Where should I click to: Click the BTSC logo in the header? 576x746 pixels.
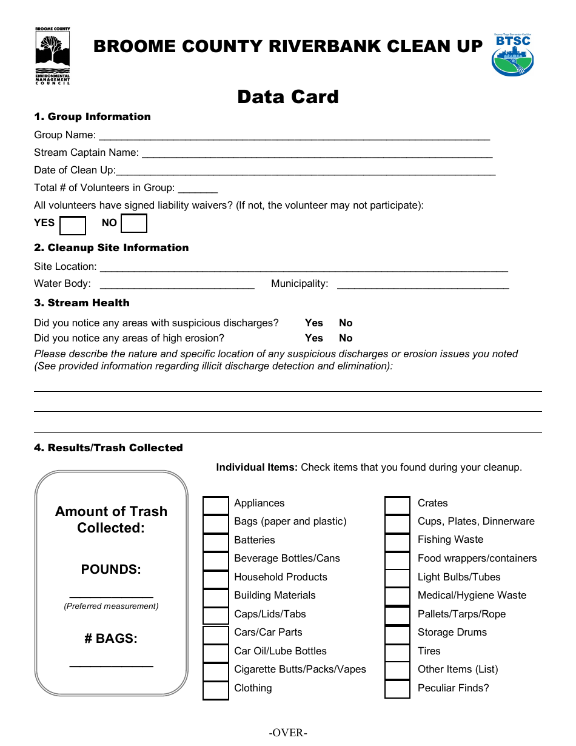(512, 55)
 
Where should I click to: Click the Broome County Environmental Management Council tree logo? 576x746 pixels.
(53, 55)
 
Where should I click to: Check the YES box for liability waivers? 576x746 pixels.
(73, 226)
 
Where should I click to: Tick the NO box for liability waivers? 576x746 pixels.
(134, 223)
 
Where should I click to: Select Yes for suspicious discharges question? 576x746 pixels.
(314, 323)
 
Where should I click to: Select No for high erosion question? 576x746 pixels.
(346, 338)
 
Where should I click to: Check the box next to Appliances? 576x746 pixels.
(216, 505)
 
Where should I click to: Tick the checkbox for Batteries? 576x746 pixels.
(216, 542)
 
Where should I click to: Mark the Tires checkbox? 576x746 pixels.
(398, 653)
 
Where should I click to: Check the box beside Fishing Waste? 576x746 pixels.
(398, 542)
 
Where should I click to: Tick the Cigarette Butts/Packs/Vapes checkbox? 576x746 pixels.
(216, 672)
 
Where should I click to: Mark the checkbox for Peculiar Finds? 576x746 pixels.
(398, 690)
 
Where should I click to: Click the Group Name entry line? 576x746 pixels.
(293, 136)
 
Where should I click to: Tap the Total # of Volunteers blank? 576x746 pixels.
(198, 189)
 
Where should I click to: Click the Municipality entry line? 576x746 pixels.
(423, 285)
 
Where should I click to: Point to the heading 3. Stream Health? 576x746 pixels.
(82, 303)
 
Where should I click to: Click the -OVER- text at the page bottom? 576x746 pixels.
(289, 733)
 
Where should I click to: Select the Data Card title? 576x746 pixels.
(288, 97)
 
